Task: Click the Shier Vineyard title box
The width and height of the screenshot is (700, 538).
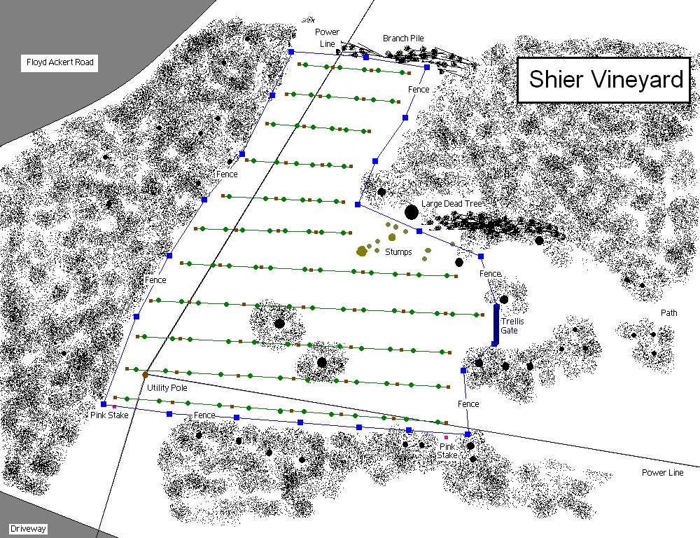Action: coord(605,79)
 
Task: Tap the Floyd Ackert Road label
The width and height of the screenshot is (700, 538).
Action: coord(59,62)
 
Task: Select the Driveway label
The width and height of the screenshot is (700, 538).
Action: coord(28,529)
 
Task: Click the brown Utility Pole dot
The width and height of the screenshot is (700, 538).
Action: coord(146,375)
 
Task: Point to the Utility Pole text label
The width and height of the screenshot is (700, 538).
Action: coord(166,387)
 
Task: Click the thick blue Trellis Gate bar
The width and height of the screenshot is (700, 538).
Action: coord(496,324)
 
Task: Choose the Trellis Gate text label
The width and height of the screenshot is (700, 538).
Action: coord(512,326)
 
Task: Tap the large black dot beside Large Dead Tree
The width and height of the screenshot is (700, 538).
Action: coord(411,212)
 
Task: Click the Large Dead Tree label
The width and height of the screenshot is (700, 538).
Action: coord(452,204)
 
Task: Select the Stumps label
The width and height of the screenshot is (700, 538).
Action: coord(398,251)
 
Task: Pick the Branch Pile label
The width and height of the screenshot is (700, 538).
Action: coord(403,38)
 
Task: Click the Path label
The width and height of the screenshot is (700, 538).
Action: coord(668,312)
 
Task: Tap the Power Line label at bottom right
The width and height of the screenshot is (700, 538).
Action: coord(662,473)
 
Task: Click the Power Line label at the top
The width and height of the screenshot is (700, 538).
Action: coord(327,38)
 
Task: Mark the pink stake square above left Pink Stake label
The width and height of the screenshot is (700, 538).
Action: coord(114,406)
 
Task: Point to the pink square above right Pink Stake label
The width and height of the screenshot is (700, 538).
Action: coord(446,438)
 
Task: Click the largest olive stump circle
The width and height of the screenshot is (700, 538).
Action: coord(362,251)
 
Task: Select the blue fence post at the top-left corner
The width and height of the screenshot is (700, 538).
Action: coord(291,52)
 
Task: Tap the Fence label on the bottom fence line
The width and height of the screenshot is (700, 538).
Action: coord(204,415)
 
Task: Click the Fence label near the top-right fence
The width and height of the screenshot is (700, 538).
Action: coord(419,90)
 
